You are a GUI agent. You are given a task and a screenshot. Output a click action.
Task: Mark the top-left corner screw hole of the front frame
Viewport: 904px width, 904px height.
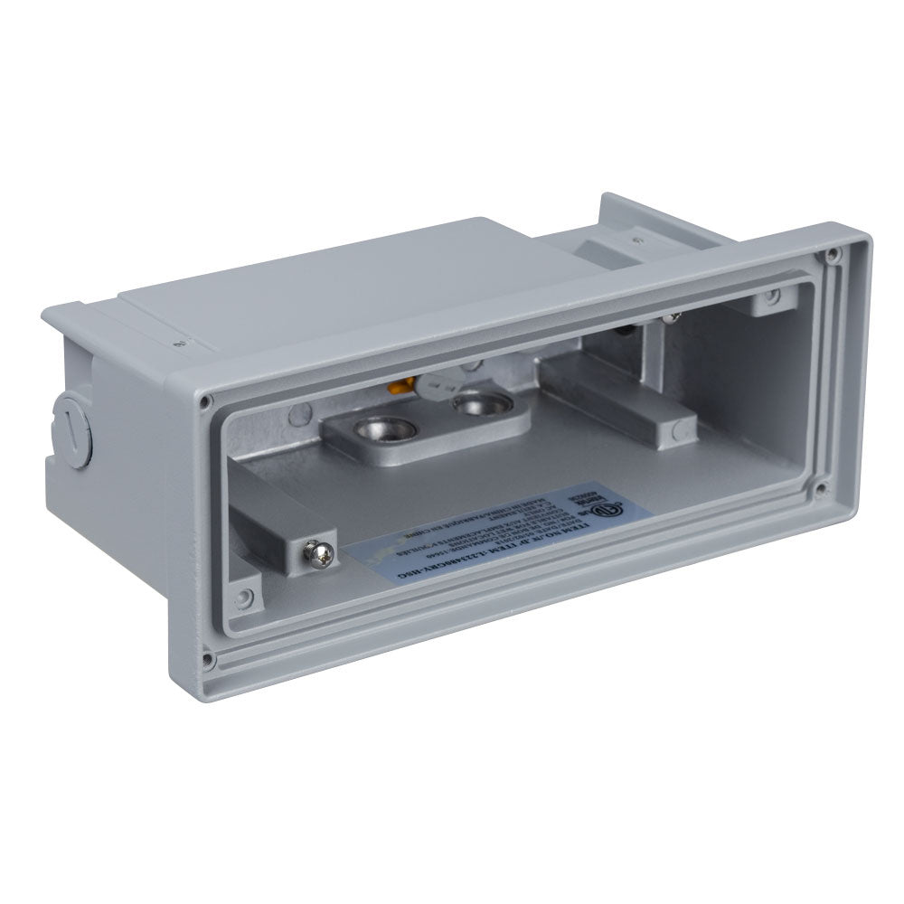pos(209,399)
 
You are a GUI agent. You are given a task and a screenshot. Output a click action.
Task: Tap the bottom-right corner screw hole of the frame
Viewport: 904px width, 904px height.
pos(820,491)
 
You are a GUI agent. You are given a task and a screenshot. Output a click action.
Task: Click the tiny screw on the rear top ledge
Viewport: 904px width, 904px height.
pos(637,241)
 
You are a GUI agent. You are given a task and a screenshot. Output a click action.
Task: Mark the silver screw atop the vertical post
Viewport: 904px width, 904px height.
pos(670,315)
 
